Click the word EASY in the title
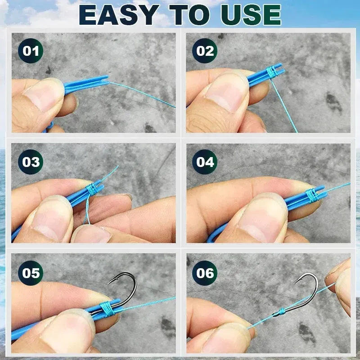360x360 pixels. click(x=118, y=15)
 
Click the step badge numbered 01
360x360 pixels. click(x=31, y=51)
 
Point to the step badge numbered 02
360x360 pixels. click(x=205, y=51)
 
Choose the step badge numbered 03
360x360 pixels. click(x=31, y=162)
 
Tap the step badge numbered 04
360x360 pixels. click(x=205, y=162)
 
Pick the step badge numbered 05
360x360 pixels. click(x=31, y=273)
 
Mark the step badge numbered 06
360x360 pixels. click(x=205, y=273)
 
